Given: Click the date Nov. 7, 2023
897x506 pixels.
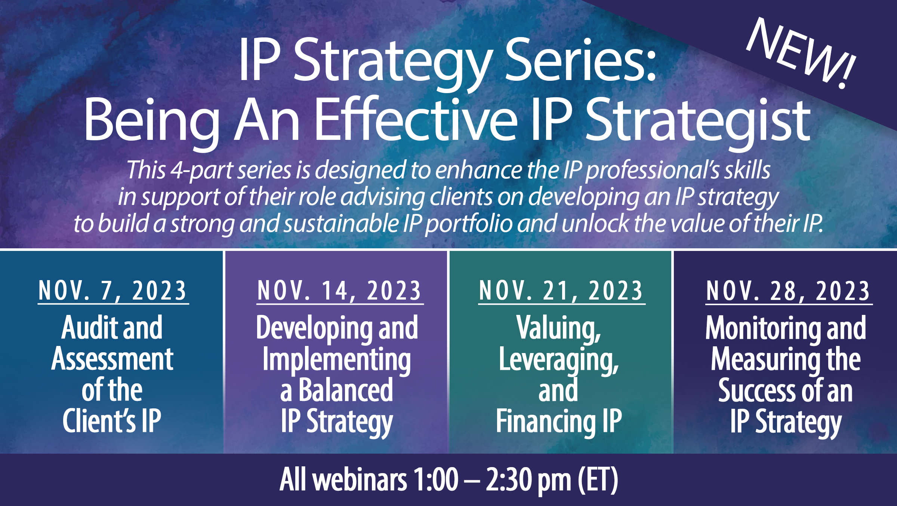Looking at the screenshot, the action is tap(112, 291).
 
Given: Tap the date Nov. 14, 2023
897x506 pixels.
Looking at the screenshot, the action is tap(339, 291).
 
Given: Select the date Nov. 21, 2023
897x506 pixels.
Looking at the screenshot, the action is tap(561, 291).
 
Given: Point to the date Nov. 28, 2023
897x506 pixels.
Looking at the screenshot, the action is tap(788, 291).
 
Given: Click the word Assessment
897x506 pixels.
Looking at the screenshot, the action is tap(112, 359).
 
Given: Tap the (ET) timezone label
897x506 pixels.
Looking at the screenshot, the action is tap(598, 480).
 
